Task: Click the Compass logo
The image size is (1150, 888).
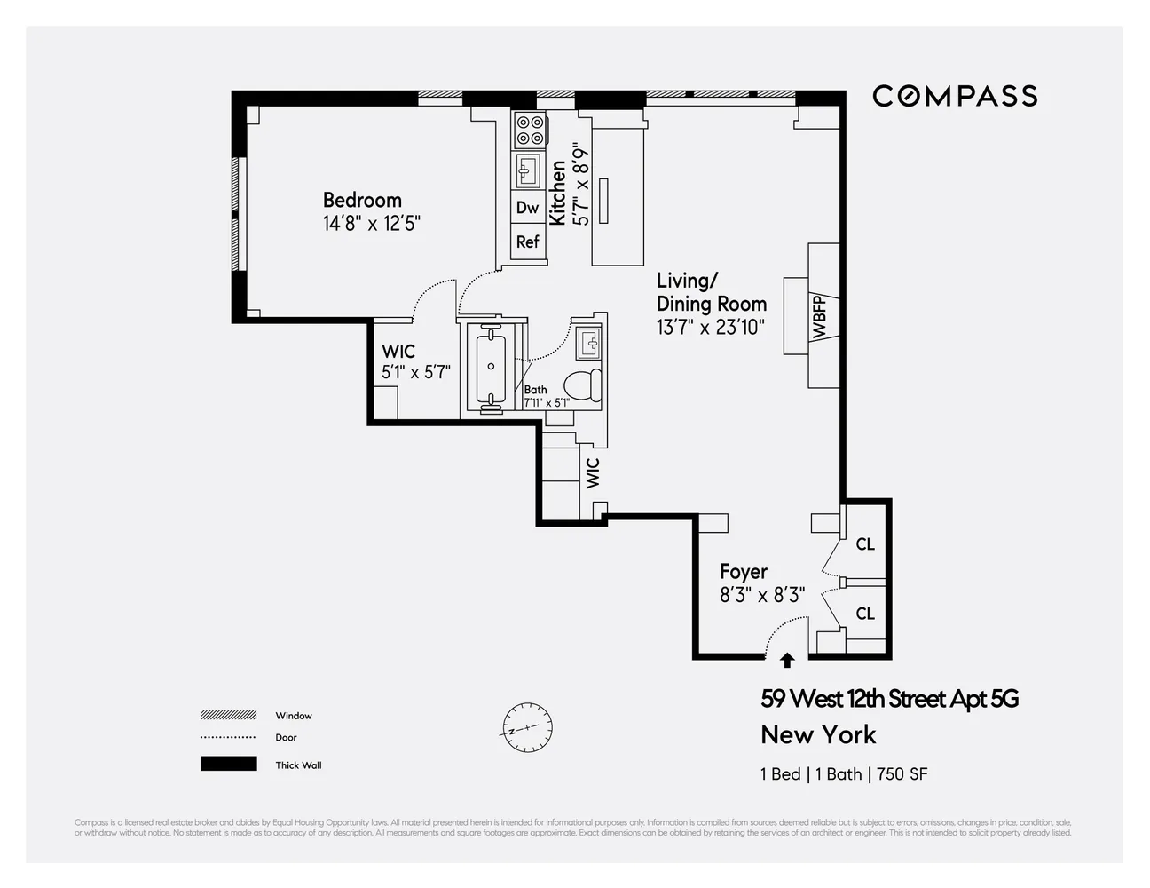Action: pyautogui.click(x=955, y=96)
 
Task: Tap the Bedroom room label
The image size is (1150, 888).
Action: pyautogui.click(x=362, y=200)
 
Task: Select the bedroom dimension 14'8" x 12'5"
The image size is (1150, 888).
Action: pyautogui.click(x=371, y=223)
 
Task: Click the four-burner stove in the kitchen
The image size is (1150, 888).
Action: pyautogui.click(x=530, y=131)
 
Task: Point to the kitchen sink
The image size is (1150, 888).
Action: pyautogui.click(x=529, y=170)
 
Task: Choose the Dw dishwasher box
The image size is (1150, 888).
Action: pyautogui.click(x=528, y=208)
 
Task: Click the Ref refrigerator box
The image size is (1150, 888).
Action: pyautogui.click(x=528, y=242)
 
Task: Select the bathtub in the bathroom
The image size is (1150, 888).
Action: pyautogui.click(x=491, y=367)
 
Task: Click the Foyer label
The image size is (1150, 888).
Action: pyautogui.click(x=744, y=572)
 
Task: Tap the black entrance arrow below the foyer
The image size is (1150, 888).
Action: pyautogui.click(x=787, y=660)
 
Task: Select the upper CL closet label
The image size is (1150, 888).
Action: pyautogui.click(x=865, y=544)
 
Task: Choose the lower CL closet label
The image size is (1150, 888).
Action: pyautogui.click(x=865, y=614)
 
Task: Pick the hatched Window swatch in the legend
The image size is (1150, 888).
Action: pyautogui.click(x=229, y=715)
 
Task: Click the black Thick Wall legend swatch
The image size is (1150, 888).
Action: pyautogui.click(x=229, y=765)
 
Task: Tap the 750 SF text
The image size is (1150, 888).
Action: pyautogui.click(x=902, y=773)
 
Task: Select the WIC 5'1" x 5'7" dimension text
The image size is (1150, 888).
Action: pyautogui.click(x=416, y=372)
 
